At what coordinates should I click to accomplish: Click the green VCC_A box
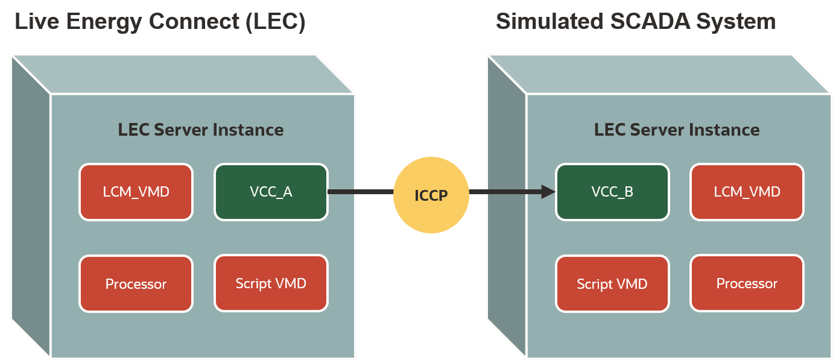tap(271, 192)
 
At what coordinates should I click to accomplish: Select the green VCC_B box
tap(612, 192)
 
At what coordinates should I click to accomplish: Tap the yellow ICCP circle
tap(431, 195)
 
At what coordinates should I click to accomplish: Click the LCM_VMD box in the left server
tap(136, 192)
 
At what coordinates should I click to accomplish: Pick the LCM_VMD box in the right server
tap(747, 192)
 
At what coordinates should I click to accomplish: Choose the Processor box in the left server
tap(136, 283)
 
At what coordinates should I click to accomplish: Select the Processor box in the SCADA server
tap(747, 283)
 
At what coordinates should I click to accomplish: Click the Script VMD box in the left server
tap(271, 283)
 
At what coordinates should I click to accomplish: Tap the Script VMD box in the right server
tap(612, 283)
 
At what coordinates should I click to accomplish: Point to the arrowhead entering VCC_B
tap(548, 192)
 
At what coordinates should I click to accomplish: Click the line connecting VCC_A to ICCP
tap(360, 192)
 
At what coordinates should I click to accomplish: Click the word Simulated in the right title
tap(548, 22)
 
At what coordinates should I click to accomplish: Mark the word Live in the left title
tap(34, 22)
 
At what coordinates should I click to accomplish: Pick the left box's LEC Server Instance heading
tap(200, 130)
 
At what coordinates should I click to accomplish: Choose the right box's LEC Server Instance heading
tap(676, 130)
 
